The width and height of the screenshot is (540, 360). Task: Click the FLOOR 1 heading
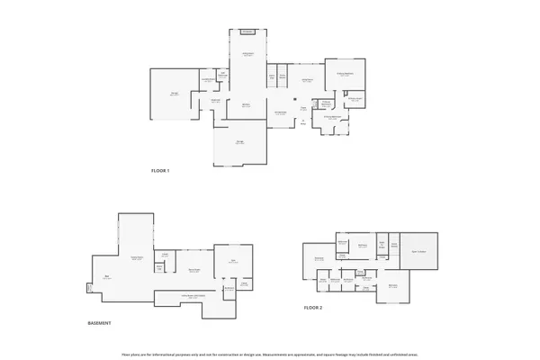coord(160,170)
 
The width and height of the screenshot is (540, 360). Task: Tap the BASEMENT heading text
coord(99,323)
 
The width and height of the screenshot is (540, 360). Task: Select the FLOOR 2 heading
coord(312,308)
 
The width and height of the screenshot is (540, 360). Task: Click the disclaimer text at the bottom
coord(270,354)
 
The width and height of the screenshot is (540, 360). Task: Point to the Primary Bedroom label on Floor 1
coord(345,75)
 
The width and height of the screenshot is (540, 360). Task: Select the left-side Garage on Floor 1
coord(174,94)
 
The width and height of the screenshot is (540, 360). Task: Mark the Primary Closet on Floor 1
coord(354,99)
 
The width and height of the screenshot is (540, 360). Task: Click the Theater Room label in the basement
coord(137,258)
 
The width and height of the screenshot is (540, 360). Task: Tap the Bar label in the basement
coord(106,277)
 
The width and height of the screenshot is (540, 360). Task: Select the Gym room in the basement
coord(232,262)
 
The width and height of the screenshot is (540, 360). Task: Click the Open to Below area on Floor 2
coord(418,250)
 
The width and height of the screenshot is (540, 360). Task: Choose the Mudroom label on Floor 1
coord(215,101)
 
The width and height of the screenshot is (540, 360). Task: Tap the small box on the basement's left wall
coord(88,288)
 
